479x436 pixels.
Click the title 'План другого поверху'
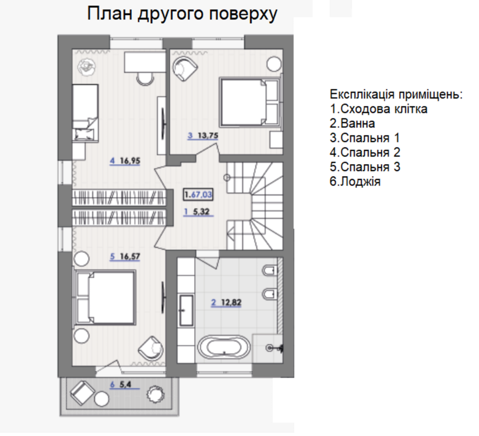182,15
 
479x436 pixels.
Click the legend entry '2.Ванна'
353,123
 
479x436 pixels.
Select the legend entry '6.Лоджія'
356,182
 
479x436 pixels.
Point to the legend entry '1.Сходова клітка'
378,109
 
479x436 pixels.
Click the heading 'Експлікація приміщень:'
397,94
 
